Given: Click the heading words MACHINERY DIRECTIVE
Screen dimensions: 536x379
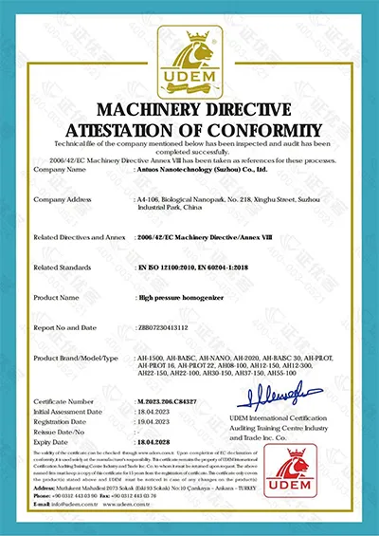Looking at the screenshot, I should [189, 104].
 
